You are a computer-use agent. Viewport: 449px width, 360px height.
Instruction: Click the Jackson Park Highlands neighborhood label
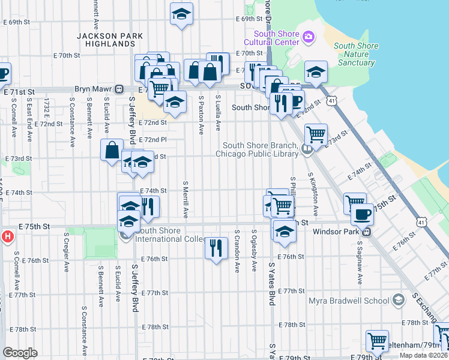click(110, 40)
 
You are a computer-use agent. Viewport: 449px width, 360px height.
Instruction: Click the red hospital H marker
click(7, 236)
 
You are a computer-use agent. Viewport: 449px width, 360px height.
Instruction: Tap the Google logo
click(20, 353)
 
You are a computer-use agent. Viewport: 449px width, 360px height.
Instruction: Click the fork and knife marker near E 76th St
click(216, 247)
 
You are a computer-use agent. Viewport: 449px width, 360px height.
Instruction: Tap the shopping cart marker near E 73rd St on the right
click(316, 134)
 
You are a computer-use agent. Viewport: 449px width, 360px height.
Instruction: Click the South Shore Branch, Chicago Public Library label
click(259, 149)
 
